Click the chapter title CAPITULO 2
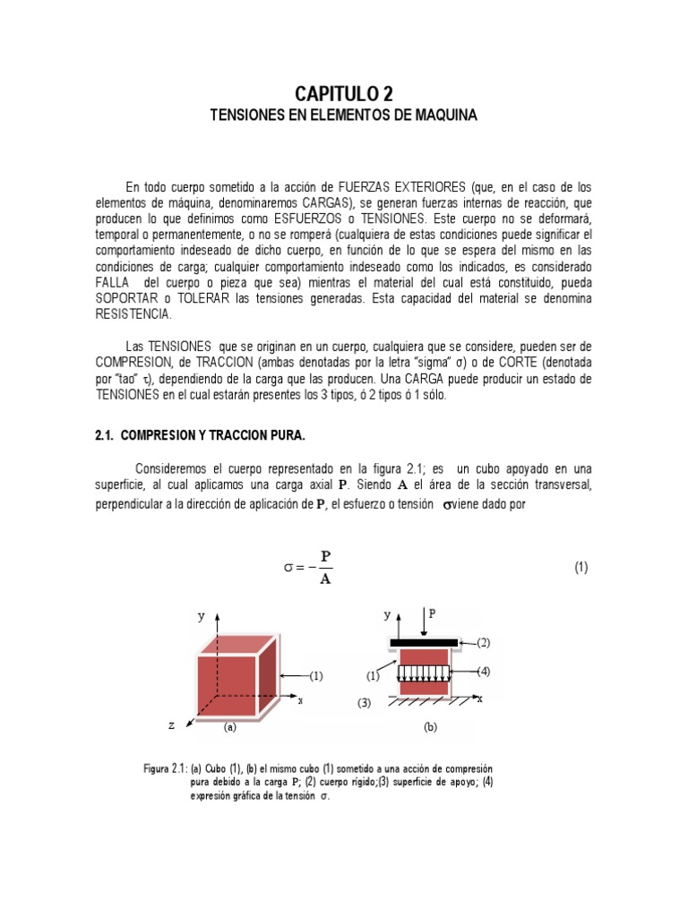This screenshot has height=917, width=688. (344, 94)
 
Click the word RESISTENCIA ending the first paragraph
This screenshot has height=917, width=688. (132, 315)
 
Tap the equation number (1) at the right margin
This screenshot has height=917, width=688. (580, 568)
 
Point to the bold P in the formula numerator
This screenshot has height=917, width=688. (326, 556)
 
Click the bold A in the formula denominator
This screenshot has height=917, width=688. (326, 578)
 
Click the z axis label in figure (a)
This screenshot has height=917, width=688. (171, 725)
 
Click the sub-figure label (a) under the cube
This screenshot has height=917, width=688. (230, 728)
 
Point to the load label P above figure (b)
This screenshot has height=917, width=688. (434, 614)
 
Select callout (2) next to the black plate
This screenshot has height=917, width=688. (484, 642)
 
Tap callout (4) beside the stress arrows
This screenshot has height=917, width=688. (484, 672)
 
